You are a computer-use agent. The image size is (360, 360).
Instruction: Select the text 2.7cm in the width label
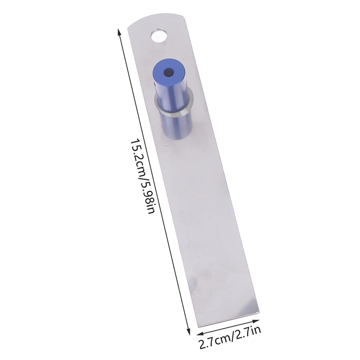[x=213, y=345]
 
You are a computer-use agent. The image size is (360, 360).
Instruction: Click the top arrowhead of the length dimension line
[x=119, y=30]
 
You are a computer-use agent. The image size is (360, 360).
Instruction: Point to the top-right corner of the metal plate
[x=185, y=17]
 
